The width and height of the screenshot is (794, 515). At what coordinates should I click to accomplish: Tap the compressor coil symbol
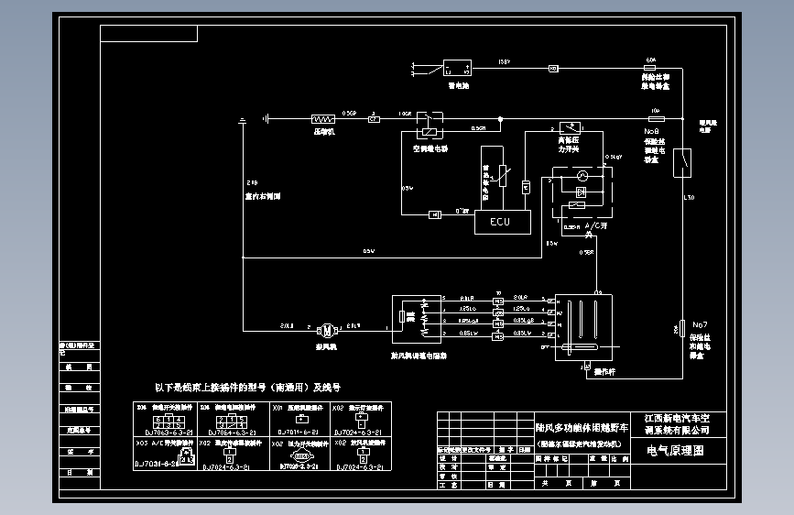(323, 118)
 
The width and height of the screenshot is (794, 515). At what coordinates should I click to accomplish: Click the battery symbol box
(456, 69)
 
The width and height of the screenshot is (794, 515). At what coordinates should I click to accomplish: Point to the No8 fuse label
(652, 131)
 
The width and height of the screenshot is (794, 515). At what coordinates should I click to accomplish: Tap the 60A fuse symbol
(651, 69)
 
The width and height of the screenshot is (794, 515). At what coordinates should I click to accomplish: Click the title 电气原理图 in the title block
(676, 450)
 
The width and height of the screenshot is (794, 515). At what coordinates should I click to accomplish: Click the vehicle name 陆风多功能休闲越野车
(582, 428)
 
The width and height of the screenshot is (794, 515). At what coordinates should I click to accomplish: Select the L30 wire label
(690, 197)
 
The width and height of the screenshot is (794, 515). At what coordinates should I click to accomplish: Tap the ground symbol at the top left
(243, 120)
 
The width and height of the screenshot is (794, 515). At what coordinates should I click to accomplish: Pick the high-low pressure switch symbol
(572, 127)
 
